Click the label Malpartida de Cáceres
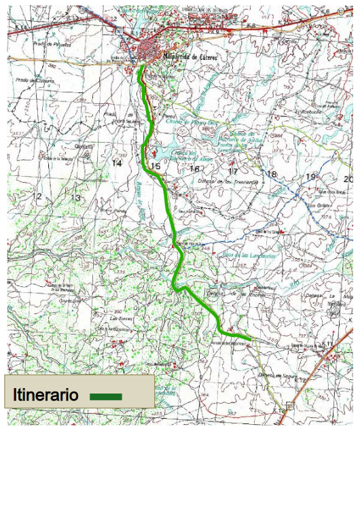click(191, 56)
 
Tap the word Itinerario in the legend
click(46, 396)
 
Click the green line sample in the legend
click(106, 396)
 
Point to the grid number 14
click(117, 163)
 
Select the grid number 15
click(156, 167)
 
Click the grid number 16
click(194, 169)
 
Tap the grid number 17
click(233, 171)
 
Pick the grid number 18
click(272, 174)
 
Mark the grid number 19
click(310, 177)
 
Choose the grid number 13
click(76, 198)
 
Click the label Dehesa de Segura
click(274, 375)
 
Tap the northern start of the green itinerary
click(141, 67)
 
